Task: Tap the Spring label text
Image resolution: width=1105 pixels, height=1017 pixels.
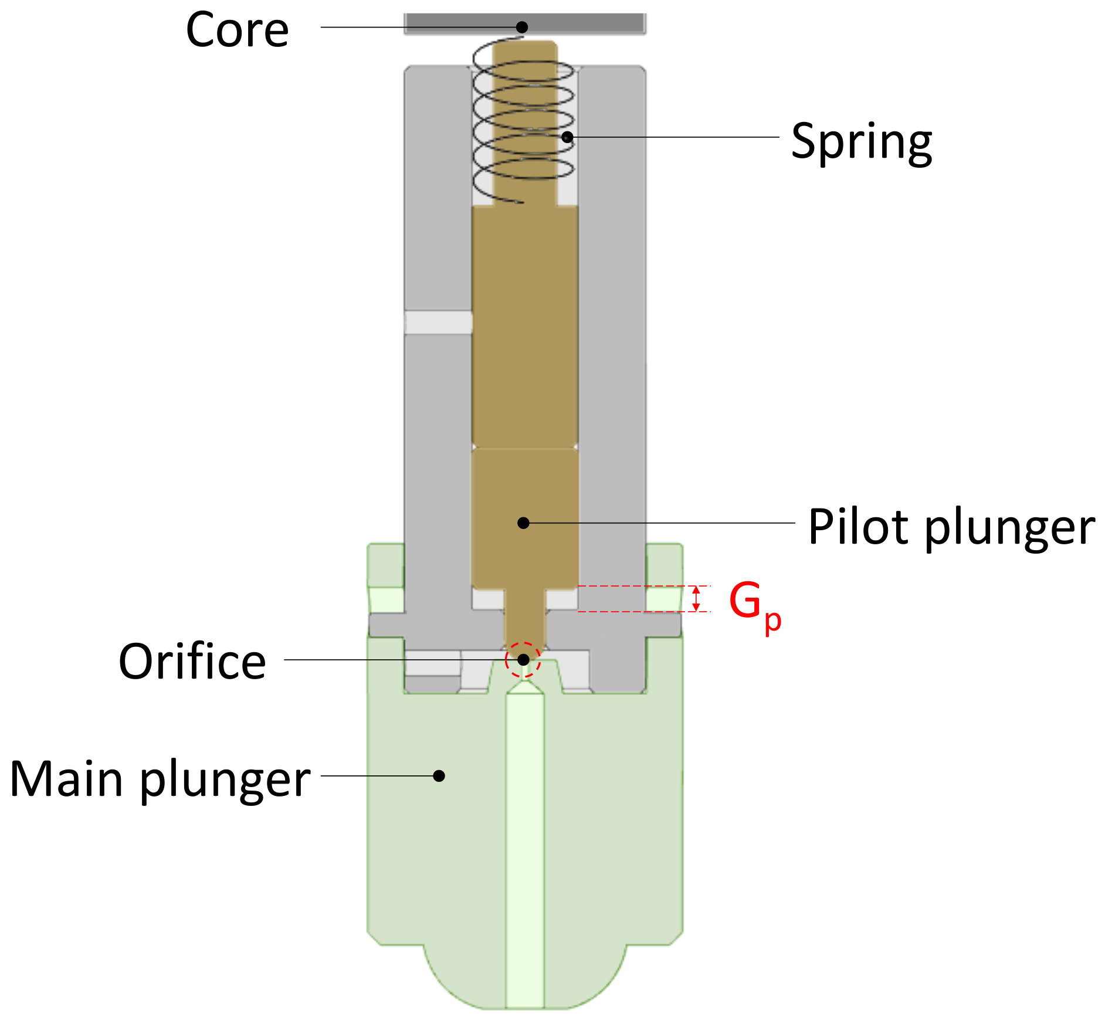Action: [x=861, y=141]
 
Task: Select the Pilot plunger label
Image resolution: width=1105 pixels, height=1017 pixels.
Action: [x=951, y=527]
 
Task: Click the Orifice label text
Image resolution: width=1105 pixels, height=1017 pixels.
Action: [x=192, y=661]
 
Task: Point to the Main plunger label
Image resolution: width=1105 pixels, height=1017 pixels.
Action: [x=160, y=779]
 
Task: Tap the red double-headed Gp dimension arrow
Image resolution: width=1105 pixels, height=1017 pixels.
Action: [x=696, y=599]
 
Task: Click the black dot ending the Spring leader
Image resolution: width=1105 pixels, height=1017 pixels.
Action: [x=567, y=137]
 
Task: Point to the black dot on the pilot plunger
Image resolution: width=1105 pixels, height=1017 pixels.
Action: [x=523, y=523]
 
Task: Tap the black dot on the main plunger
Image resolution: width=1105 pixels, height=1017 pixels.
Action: [x=439, y=775]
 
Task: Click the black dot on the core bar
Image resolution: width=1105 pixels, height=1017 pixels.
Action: [x=521, y=27]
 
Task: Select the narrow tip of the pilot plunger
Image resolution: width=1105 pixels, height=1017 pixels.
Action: [x=524, y=622]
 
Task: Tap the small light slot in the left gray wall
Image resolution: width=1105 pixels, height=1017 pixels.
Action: [x=439, y=323]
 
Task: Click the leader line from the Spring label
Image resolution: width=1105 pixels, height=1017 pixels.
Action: [x=674, y=137]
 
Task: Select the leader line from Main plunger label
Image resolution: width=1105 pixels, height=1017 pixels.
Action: [x=375, y=775]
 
